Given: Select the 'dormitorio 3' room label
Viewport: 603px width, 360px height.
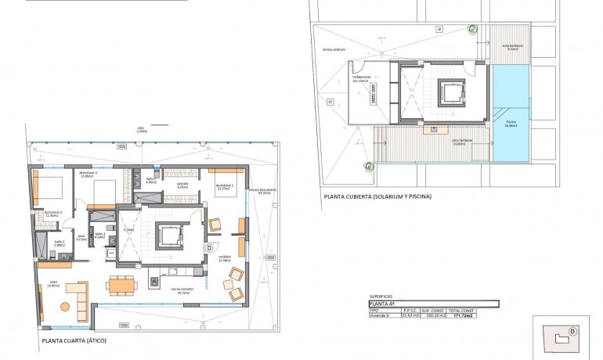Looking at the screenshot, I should tap(87, 174).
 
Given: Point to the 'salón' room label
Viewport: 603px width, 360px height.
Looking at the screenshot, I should tap(53, 284).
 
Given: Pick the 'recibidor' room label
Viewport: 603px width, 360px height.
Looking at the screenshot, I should tap(224, 257).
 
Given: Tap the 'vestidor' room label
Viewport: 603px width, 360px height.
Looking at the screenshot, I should tap(182, 184).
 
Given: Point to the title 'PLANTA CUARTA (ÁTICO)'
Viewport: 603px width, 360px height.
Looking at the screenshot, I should tap(74, 341).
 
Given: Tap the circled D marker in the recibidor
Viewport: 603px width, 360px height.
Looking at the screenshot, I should tap(209, 248).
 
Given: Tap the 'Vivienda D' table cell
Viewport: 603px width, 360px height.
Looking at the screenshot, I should tap(383, 315).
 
